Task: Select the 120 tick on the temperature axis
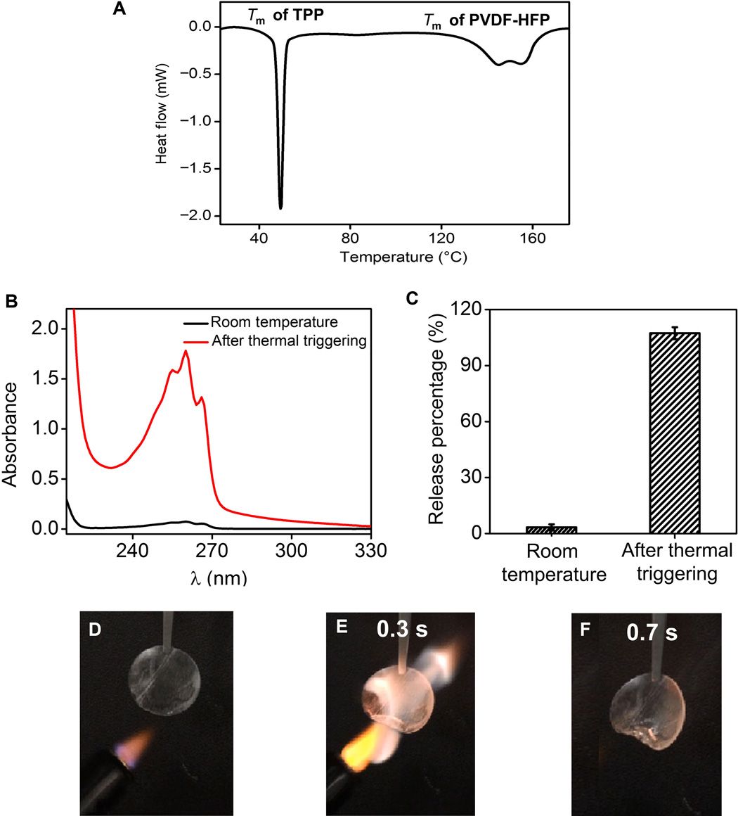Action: coord(441,238)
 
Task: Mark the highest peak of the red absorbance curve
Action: coord(186,351)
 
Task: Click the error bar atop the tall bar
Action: coord(675,333)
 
